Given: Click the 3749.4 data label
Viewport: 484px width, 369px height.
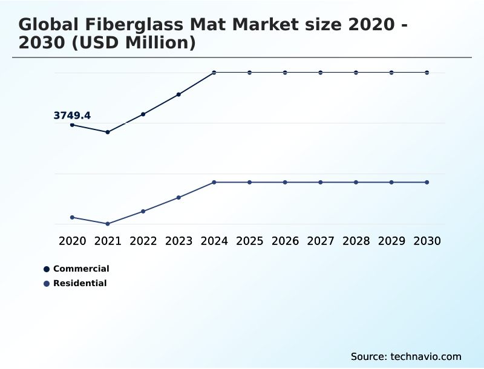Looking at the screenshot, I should click(72, 116).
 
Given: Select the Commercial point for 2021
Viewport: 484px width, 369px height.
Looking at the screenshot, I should click(108, 132).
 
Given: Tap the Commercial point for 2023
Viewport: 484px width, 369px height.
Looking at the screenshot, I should click(178, 94).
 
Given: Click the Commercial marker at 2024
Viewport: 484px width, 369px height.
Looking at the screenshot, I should click(214, 73).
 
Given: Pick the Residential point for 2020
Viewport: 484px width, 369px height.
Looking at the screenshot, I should click(72, 217).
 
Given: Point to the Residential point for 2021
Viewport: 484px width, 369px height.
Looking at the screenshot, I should click(108, 224).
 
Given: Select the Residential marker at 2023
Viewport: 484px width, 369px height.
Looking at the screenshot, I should click(178, 197).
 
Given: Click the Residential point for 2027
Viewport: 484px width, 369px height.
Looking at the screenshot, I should click(321, 182).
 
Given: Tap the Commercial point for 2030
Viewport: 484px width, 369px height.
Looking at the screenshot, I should click(427, 73).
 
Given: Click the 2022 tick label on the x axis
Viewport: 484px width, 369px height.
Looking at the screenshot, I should click(143, 241).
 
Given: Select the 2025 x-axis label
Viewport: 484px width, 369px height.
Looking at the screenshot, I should click(249, 241).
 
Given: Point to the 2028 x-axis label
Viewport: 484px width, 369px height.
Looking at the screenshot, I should click(356, 241).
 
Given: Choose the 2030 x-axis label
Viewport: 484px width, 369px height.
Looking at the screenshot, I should click(427, 241).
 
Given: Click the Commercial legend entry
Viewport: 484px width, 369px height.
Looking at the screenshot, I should click(81, 269).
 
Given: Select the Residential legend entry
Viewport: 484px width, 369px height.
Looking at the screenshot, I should click(80, 283).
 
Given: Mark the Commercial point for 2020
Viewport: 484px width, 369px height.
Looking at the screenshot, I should click(72, 125).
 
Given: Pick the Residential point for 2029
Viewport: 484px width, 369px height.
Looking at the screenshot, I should click(391, 182).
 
